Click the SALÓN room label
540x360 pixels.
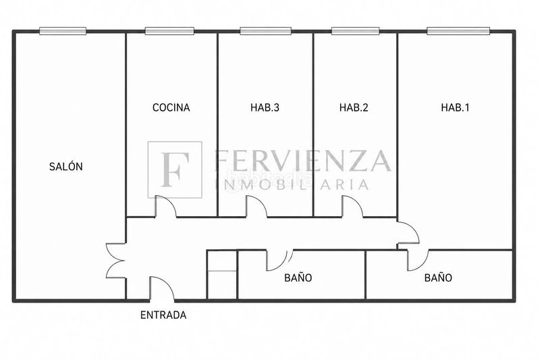point(65,167)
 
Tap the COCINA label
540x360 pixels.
point(171,107)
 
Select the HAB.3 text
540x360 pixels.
point(265,107)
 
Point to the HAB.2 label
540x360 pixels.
point(354,107)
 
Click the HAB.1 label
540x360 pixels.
point(455,107)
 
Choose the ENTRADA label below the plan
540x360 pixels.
point(163,315)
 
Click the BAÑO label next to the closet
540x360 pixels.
point(298,278)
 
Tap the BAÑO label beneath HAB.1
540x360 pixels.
point(438,278)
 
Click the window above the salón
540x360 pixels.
point(63,31)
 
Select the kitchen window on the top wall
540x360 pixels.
point(169,31)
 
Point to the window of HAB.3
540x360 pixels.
point(265,31)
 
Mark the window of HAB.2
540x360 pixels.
point(356,31)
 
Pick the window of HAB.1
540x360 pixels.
point(458,31)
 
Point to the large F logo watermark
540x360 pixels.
point(175,170)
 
